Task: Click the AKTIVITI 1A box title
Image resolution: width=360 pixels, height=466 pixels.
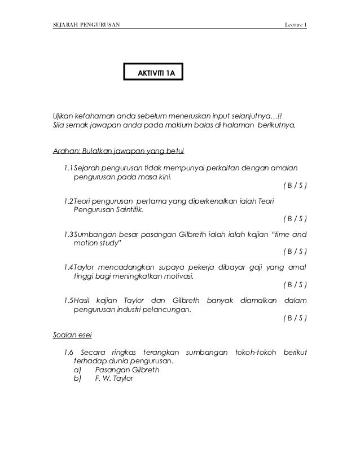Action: tap(153, 74)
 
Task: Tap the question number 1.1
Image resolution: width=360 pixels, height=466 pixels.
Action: tap(69, 168)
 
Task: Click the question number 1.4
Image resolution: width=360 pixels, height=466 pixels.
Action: tap(69, 266)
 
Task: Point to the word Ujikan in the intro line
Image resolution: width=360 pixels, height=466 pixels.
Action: tap(64, 115)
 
